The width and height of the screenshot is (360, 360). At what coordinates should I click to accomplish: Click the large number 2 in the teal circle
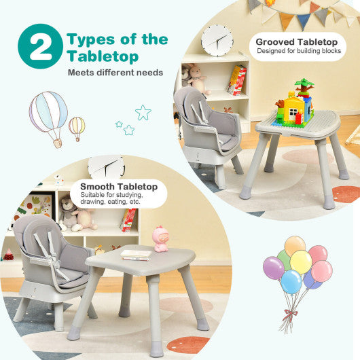click(40, 46)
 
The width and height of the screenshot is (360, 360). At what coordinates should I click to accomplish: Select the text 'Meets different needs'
click(115, 72)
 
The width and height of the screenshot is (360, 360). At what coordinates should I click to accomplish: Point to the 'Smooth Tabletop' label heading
click(118, 186)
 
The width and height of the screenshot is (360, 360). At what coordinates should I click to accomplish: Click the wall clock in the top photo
click(217, 39)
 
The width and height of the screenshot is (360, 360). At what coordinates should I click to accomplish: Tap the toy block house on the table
click(295, 105)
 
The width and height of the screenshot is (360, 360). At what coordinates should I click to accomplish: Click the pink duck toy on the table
click(161, 238)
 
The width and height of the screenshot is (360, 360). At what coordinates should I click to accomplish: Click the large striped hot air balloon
click(48, 115)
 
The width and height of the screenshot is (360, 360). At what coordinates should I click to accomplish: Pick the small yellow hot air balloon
click(77, 127)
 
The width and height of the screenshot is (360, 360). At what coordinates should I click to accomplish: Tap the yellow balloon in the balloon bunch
click(300, 262)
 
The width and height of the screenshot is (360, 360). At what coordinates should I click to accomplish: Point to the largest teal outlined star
click(143, 113)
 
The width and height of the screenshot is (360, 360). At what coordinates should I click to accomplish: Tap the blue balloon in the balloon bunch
click(291, 281)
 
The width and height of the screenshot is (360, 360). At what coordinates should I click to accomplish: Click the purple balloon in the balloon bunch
click(274, 268)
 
